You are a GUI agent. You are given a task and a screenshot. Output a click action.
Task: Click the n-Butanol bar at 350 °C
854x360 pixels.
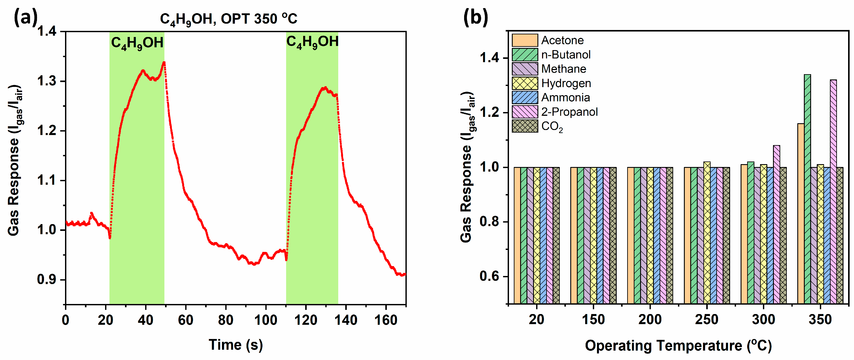[807, 189]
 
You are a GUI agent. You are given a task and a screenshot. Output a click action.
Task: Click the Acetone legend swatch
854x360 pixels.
[525, 40]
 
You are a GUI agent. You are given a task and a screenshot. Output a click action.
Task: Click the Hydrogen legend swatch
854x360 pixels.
[525, 83]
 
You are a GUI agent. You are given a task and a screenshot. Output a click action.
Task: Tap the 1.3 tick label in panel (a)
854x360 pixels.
[47, 81]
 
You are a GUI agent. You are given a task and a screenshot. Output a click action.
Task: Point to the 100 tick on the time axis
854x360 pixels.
[266, 320]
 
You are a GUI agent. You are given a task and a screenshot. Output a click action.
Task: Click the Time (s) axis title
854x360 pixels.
[236, 345]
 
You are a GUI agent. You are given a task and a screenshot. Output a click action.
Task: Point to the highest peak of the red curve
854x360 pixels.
[164, 62]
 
